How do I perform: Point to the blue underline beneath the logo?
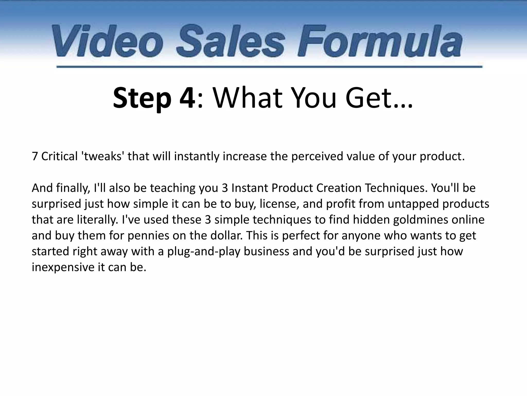tap(269, 67)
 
